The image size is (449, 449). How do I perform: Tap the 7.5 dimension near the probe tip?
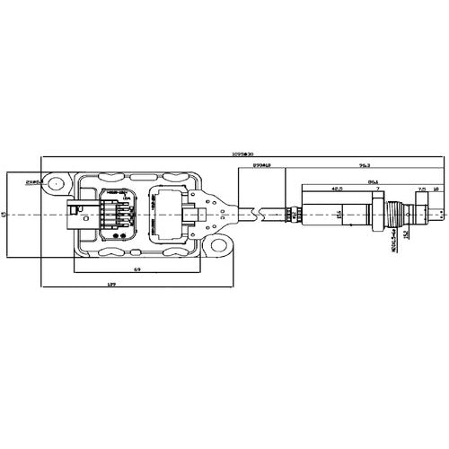422,190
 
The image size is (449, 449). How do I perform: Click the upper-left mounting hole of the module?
56,185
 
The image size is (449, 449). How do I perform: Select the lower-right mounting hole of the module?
216,244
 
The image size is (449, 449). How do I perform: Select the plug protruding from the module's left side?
73,215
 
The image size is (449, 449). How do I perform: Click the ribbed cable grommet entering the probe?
290,214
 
